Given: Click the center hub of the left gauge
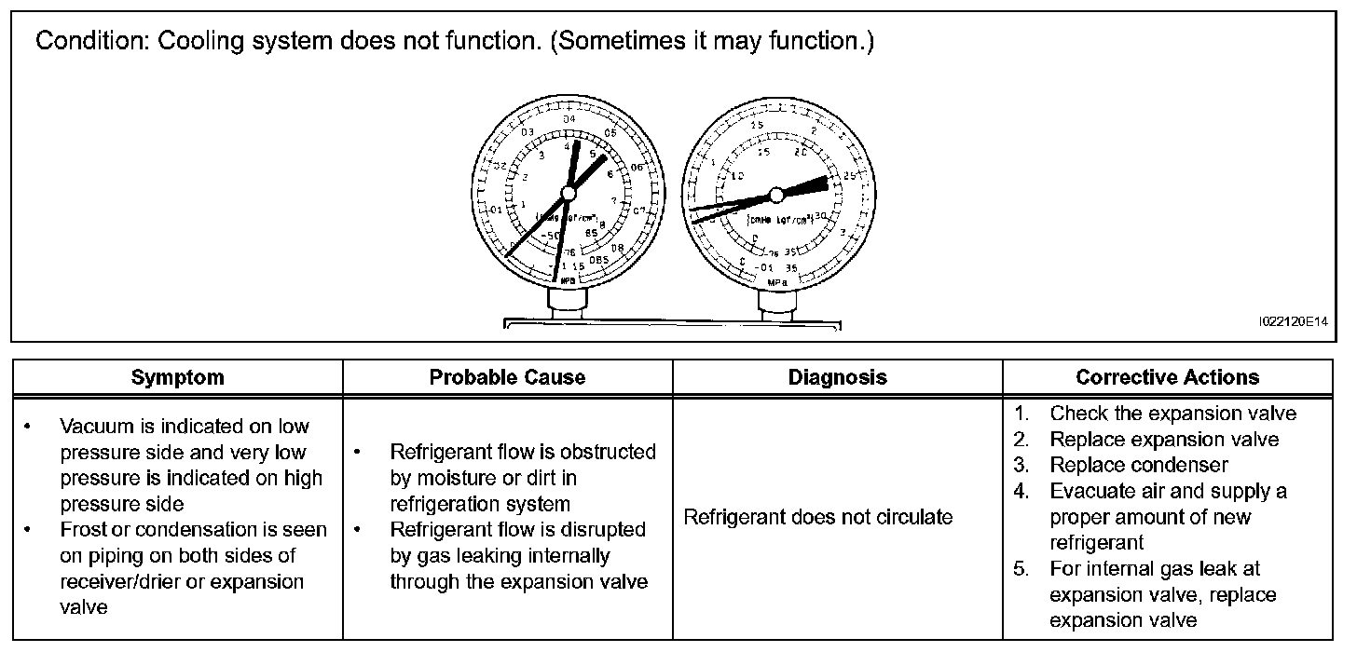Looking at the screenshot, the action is [x=568, y=193].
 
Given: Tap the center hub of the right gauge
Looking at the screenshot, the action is [x=776, y=195].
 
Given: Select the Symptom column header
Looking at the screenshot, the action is [x=177, y=377].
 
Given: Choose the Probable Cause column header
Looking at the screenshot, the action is [x=507, y=377].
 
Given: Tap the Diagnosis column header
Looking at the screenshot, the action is [x=837, y=377].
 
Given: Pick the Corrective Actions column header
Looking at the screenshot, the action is [x=1167, y=377].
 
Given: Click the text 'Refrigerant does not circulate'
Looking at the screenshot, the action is [x=818, y=517].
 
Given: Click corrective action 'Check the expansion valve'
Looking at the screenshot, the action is [x=1172, y=413].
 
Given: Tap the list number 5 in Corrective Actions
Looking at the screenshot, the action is [x=1021, y=568].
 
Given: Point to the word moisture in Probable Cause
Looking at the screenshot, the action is [x=435, y=478].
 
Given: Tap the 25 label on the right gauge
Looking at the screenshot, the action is [x=850, y=175].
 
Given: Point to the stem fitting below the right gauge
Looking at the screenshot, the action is [x=775, y=303].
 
